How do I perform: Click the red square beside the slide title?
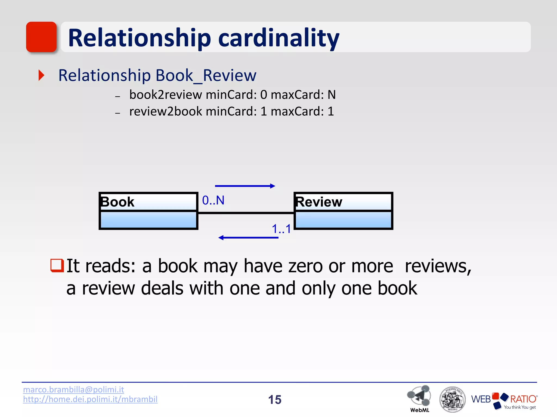[41, 37]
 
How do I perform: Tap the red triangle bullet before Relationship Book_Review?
[41, 75]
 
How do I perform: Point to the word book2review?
[166, 95]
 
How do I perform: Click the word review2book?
[166, 111]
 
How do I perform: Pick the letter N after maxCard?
[332, 95]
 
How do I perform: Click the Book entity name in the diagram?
[117, 202]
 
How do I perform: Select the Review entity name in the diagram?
[319, 202]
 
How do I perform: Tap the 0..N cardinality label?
[213, 200]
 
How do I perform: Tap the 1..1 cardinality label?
[281, 229]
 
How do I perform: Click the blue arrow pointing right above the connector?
[245, 186]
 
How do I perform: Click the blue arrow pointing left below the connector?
[248, 238]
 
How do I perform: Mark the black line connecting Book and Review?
[246, 213]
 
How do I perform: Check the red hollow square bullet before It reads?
[57, 266]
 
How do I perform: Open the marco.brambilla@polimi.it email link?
[73, 390]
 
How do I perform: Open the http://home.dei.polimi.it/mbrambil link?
[90, 399]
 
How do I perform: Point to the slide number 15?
[275, 400]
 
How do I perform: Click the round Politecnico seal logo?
[452, 399]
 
